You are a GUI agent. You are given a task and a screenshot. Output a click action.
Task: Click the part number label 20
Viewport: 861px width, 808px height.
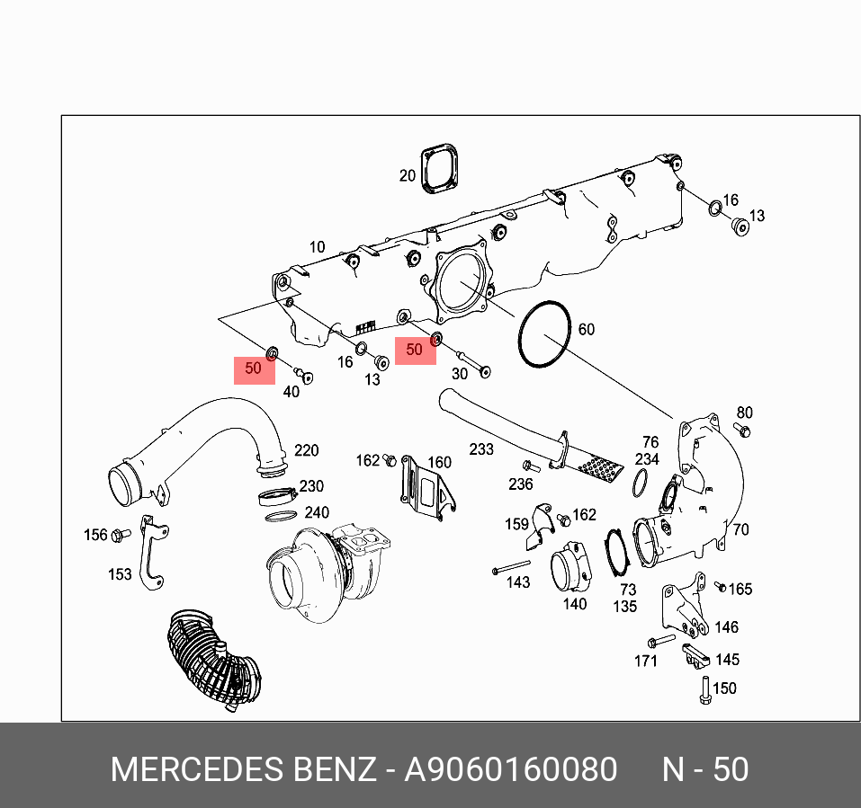[x=408, y=176]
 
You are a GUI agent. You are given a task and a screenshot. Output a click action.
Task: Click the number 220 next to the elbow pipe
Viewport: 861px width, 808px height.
[x=307, y=450]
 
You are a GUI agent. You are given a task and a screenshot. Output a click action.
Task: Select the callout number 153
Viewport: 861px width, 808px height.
[x=120, y=574]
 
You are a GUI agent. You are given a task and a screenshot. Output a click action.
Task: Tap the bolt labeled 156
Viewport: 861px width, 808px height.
[x=119, y=536]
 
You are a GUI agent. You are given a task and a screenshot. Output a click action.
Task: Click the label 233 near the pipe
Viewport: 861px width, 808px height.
[x=481, y=448]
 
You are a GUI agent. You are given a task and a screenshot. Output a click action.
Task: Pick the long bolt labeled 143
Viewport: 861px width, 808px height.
[x=512, y=569]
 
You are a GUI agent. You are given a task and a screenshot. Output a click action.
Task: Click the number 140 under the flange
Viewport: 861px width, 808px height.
[x=575, y=604]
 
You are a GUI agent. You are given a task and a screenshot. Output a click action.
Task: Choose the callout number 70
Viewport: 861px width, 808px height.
[x=740, y=529]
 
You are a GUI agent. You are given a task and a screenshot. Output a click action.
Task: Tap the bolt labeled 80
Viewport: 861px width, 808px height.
[x=741, y=431]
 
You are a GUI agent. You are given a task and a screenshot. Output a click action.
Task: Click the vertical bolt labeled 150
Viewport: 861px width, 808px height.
[x=705, y=688]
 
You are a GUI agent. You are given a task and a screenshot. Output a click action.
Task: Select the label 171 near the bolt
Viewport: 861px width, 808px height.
[x=646, y=661]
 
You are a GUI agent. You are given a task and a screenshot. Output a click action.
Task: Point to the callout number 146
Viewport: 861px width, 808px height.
[x=726, y=627]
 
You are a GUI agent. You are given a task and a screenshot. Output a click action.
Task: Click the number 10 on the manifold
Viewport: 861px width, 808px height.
[x=317, y=247]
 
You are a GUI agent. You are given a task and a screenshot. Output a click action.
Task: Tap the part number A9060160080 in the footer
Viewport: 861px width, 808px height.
[x=511, y=770]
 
